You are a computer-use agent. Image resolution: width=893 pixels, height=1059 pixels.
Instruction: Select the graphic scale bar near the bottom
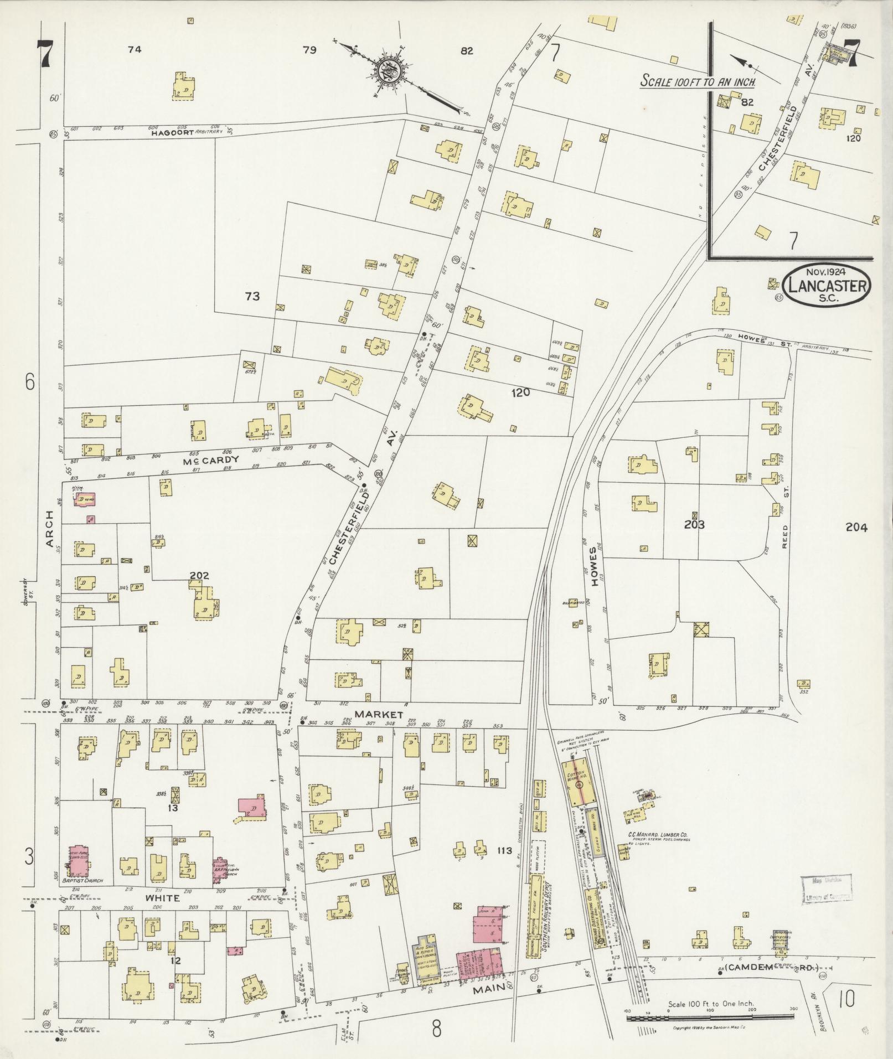(711, 1017)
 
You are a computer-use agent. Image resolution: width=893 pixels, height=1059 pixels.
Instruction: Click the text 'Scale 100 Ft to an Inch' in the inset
(698, 81)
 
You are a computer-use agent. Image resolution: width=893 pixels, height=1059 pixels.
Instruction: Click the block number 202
(199, 576)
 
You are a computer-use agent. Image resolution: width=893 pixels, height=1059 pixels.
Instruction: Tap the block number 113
(504, 850)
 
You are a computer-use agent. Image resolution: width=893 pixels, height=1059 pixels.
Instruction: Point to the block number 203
(693, 524)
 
